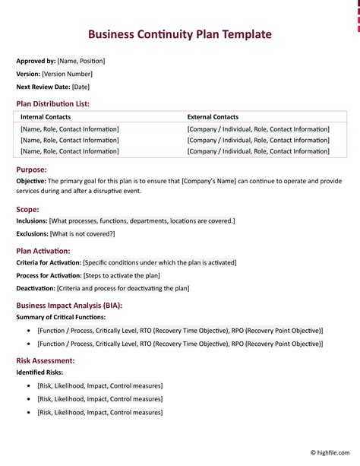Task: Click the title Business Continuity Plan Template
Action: pos(179,34)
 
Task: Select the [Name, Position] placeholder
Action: pos(81,61)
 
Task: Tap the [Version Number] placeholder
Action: pos(68,74)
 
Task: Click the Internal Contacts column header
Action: pos(47,117)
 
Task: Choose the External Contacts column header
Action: pos(213,117)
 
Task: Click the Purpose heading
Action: pos(31,170)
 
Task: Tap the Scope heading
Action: pos(27,209)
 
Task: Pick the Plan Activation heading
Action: pos(43,250)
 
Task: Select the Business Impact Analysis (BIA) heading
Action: pos(69,305)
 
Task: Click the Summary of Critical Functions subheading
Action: pos(61,316)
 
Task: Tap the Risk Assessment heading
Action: pos(46,360)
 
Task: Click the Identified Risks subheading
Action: pos(39,372)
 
